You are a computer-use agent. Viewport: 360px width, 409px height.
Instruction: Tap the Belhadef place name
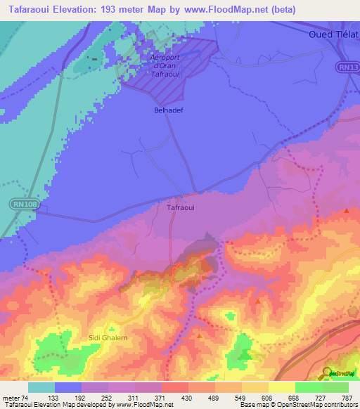pos(167,110)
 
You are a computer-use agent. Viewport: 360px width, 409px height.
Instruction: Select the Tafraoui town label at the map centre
pos(180,208)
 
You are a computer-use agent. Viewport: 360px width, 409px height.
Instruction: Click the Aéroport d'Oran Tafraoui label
pos(167,65)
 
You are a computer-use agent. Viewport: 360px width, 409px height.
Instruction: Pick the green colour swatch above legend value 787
pos(335,387)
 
